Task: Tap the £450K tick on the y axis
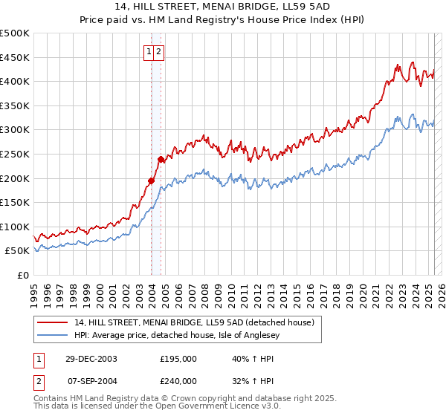coord(15,57)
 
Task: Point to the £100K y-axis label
coord(15,227)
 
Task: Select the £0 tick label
coord(23,275)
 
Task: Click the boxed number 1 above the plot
coord(149,51)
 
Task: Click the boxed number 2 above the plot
coord(159,51)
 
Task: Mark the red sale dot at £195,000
coord(151,181)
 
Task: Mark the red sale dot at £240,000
coord(161,159)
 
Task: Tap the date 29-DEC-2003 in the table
coord(91,358)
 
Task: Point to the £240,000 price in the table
coord(178,380)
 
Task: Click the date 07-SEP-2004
coord(91,380)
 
